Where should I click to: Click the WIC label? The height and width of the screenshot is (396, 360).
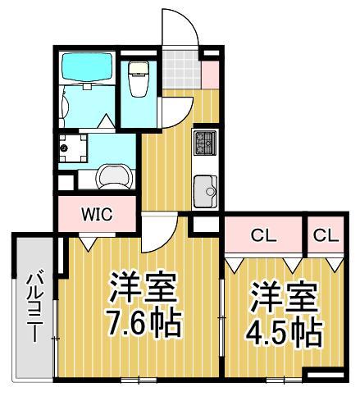pos(96,215)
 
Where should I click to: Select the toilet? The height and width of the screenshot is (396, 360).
pos(138,78)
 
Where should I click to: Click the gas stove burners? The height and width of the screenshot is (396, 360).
pos(204,144)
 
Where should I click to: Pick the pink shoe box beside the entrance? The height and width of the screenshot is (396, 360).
pos(209,72)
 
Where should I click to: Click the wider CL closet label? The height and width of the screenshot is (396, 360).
pos(262,235)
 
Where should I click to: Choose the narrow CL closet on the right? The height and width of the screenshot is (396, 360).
pos(325,235)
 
